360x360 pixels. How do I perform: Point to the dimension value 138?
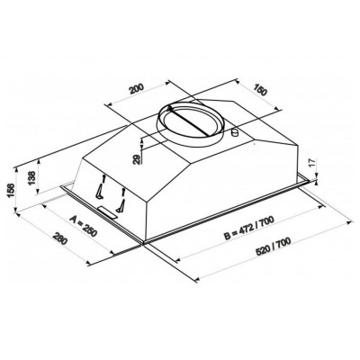point(33,177)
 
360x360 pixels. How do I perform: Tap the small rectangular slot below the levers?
point(110,211)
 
